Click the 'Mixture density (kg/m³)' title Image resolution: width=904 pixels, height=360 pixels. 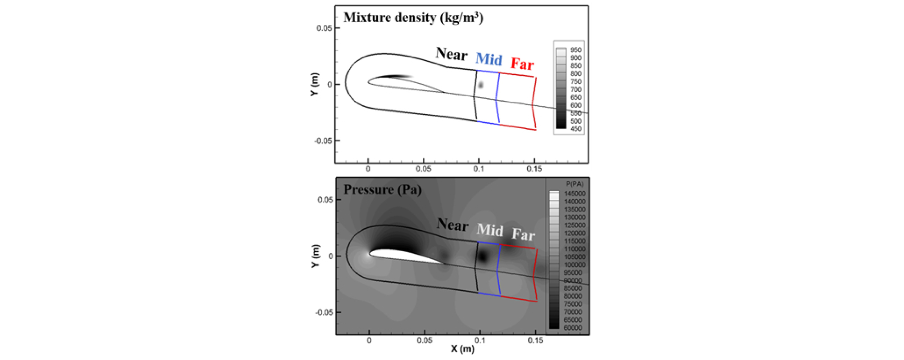(413, 18)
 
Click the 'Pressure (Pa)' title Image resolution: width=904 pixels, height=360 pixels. (382, 189)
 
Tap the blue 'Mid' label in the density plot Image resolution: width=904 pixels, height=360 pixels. (488, 59)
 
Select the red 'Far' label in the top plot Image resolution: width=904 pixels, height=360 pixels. (522, 64)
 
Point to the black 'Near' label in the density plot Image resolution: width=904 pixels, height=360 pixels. (451, 54)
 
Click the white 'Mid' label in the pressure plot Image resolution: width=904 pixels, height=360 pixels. (490, 230)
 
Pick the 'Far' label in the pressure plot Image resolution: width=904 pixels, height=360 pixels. (523, 234)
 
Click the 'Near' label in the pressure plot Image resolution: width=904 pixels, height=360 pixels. (452, 225)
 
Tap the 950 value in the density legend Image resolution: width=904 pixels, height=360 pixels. (575, 50)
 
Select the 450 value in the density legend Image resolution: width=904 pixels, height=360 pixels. (575, 129)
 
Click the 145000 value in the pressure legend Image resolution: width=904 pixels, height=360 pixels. (574, 193)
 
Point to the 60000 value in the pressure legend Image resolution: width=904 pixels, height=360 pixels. (572, 328)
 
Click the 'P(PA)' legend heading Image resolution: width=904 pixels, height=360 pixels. (574, 184)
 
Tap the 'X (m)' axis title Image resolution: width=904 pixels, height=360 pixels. (462, 349)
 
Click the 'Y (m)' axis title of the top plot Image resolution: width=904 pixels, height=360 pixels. (314, 84)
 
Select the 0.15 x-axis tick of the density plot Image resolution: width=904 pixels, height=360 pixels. (534, 169)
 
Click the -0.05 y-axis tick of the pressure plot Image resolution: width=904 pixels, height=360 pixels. (324, 312)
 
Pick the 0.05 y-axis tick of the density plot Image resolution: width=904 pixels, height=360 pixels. (324, 28)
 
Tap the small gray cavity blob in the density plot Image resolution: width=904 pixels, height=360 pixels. (481, 85)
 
